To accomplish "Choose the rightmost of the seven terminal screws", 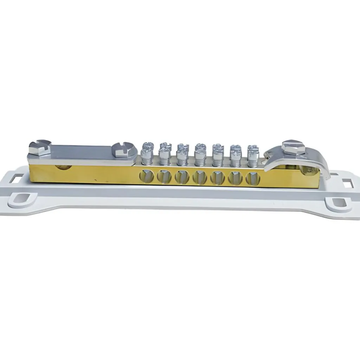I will coord(253,155).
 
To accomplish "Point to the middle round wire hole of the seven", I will coord(200,177).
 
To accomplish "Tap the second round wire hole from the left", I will coord(164,176).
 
